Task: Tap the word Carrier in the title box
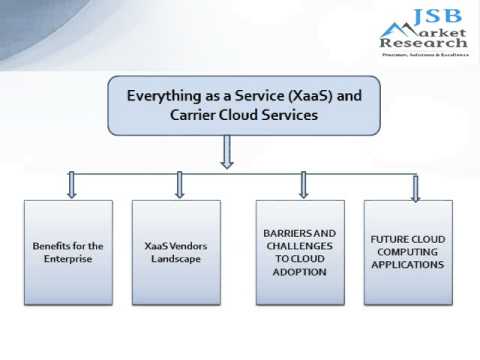197,115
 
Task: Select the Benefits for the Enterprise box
68,252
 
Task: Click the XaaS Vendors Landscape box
176,252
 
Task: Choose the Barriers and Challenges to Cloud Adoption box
300,252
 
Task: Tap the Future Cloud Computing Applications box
408,252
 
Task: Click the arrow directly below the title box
227,152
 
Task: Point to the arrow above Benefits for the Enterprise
71,184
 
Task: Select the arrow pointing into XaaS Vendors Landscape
180,184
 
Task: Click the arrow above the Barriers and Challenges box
303,184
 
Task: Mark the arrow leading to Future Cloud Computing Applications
415,187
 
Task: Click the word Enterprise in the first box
68,259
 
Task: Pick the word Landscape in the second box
176,259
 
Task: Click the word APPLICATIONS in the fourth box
408,266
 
